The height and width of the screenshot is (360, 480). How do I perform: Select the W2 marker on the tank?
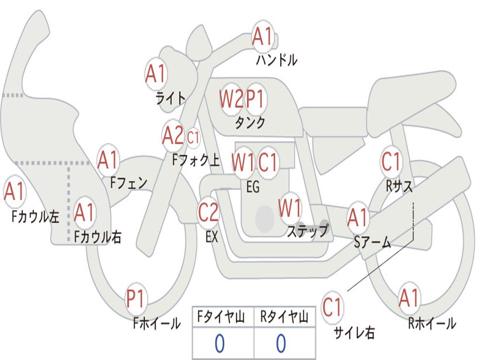click(x=231, y=98)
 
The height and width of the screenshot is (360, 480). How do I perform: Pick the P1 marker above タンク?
click(x=256, y=98)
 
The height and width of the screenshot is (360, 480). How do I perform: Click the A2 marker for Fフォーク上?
click(x=173, y=136)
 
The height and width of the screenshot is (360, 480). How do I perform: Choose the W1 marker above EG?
click(x=243, y=162)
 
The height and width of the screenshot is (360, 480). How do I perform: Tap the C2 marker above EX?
click(x=208, y=212)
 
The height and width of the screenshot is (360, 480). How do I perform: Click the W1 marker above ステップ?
click(x=290, y=208)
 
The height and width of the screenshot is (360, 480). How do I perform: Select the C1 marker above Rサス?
click(x=391, y=162)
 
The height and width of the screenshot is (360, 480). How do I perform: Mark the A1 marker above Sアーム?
click(x=358, y=217)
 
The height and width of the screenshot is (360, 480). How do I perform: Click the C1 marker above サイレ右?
click(x=332, y=307)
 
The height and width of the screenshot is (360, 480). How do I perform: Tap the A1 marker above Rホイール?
click(x=409, y=298)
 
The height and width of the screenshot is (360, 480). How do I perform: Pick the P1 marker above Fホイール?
click(x=136, y=299)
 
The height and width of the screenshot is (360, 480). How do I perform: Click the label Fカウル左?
click(x=36, y=216)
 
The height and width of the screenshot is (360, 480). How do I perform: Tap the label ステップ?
click(x=307, y=231)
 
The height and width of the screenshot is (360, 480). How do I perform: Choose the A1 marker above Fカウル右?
click(x=84, y=212)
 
